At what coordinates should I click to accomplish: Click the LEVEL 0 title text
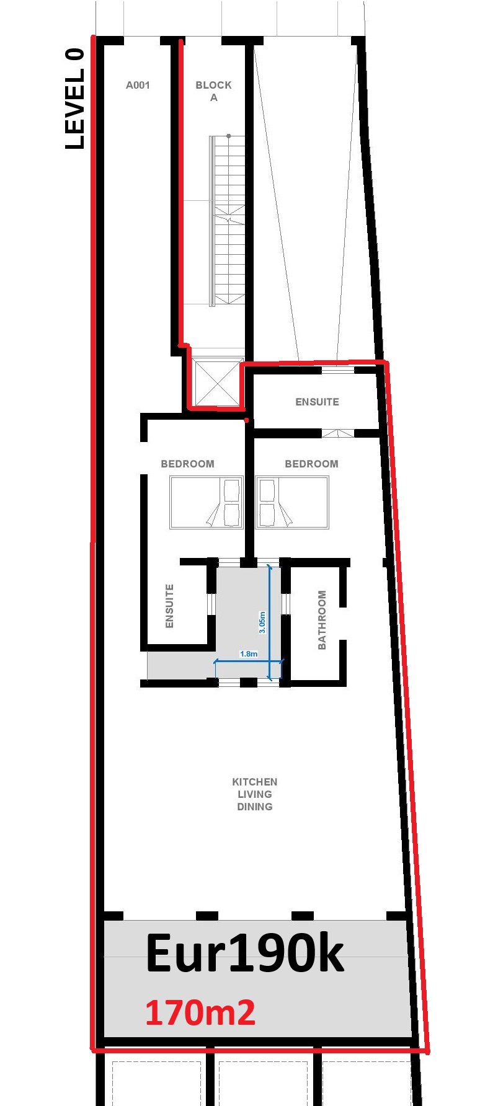[74, 99]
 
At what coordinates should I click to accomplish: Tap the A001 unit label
[138, 85]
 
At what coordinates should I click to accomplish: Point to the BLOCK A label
[213, 91]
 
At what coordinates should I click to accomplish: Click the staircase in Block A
[228, 221]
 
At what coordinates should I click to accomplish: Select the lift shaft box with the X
[217, 383]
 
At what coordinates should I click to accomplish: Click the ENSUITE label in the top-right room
[317, 402]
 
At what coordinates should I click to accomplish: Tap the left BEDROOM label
[187, 464]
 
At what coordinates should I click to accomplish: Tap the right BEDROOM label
[311, 464]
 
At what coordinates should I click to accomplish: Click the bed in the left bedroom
[206, 502]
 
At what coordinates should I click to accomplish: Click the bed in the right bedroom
[292, 502]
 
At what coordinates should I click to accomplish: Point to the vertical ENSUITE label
[169, 606]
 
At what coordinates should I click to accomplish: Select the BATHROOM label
[322, 620]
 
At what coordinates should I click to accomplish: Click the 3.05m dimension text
[262, 622]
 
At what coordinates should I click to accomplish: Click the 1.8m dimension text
[248, 653]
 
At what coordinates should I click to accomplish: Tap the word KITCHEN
[254, 782]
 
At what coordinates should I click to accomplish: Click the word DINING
[254, 807]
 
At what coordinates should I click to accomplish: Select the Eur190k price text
[244, 953]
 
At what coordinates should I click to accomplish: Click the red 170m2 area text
[200, 1012]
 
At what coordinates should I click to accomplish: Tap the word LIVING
[254, 794]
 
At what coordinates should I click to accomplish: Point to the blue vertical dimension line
[270, 622]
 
